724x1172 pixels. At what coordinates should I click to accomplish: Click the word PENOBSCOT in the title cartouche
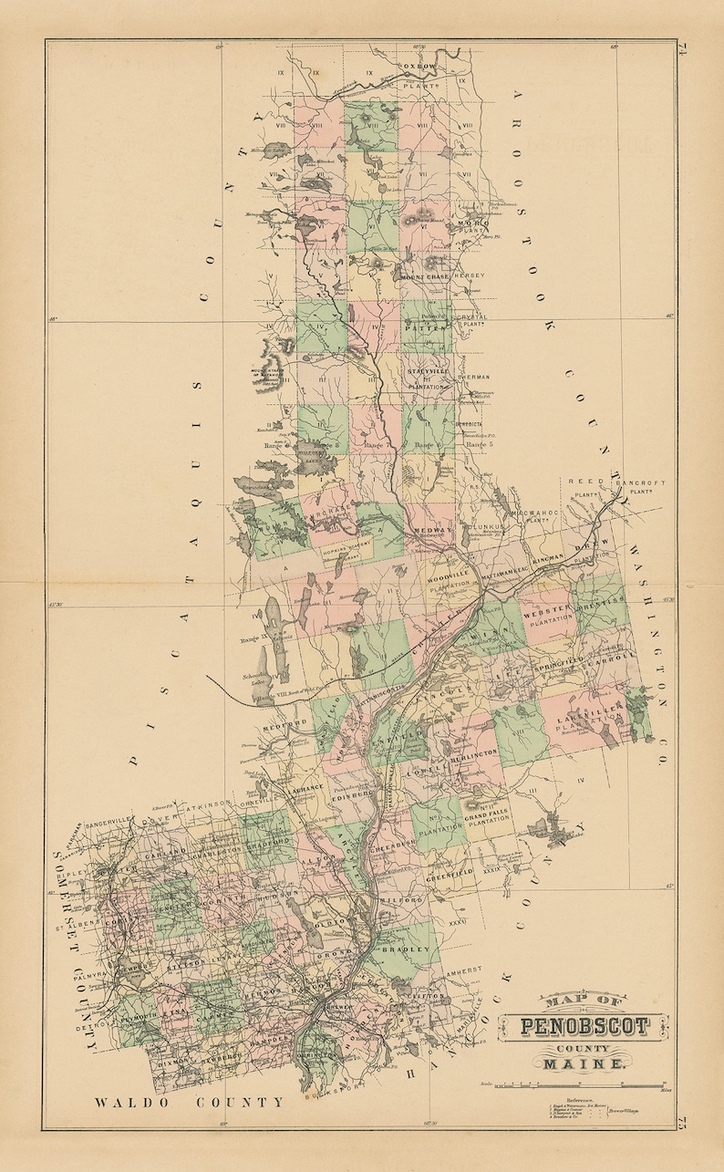click(584, 1027)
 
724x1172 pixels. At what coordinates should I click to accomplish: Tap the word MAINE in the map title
click(584, 1063)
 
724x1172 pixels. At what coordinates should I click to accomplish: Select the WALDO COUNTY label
click(190, 1102)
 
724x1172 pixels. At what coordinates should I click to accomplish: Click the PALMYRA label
click(80, 972)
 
